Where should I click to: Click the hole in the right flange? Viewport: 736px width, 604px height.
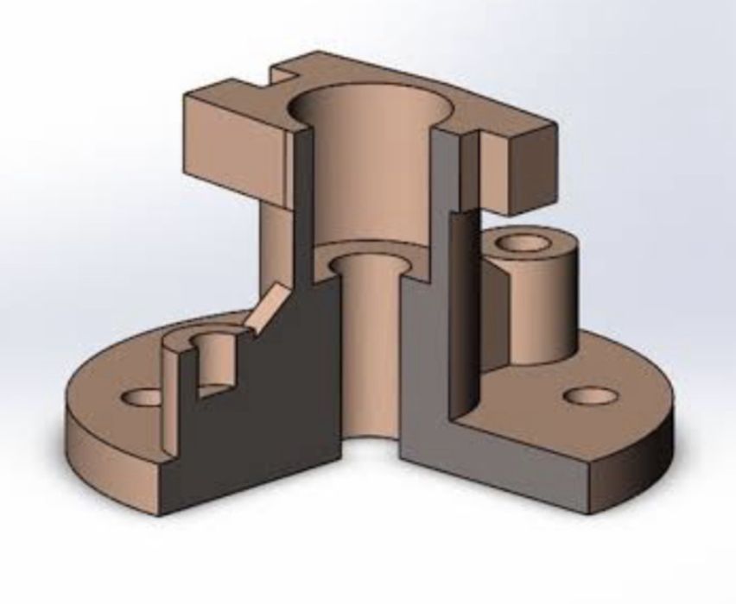(591, 396)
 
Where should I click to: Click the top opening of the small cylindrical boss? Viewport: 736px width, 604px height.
(525, 242)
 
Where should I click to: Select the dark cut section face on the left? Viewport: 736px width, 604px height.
(285, 388)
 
